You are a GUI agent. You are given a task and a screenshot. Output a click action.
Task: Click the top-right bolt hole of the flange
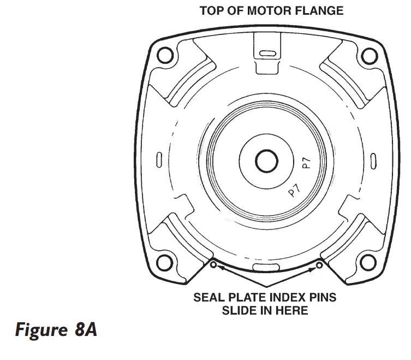coord(370,55)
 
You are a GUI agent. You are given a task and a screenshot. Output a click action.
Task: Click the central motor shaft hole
coord(267,160)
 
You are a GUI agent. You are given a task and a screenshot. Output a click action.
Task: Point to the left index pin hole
coord(214,265)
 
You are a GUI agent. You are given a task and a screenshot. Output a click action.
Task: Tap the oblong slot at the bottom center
coord(267,267)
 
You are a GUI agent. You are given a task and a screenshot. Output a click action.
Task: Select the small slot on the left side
coord(159,160)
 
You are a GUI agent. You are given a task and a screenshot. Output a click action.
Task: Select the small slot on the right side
coord(374,160)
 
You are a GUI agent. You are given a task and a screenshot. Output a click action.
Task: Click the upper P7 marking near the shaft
coord(307,162)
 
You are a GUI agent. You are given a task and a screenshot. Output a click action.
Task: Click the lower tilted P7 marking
coord(295,192)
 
